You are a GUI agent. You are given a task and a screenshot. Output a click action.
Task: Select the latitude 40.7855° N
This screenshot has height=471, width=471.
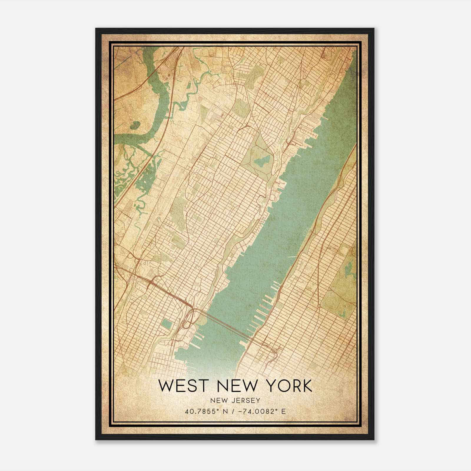coord(205,411)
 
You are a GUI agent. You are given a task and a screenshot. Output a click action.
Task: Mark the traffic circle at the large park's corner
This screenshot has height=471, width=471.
coord(319,306)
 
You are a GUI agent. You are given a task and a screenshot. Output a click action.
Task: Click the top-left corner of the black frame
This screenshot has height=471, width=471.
coord(96,29)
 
